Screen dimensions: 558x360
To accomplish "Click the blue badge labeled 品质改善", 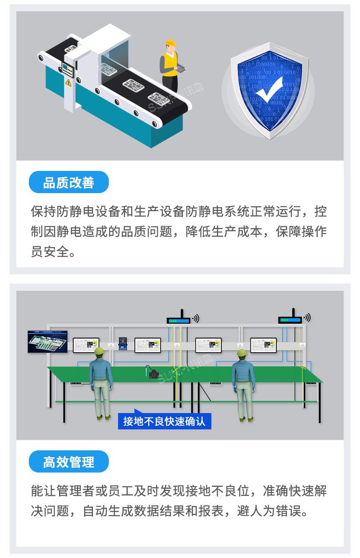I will pyautogui.click(x=69, y=182).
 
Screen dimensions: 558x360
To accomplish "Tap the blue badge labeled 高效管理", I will pyautogui.click(x=69, y=462).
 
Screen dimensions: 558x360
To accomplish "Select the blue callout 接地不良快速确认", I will pyautogui.click(x=165, y=421).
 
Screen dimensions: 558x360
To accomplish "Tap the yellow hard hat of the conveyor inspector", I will pyautogui.click(x=170, y=43).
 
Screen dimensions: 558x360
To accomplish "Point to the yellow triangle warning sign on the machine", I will pyautogui.click(x=68, y=83).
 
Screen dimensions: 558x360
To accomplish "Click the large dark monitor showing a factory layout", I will pyautogui.click(x=48, y=341).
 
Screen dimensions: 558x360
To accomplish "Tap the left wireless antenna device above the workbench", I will pyautogui.click(x=179, y=320).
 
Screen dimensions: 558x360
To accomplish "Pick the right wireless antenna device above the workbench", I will pyautogui.click(x=290, y=320).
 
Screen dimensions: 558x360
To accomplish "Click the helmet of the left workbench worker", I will pyautogui.click(x=99, y=351).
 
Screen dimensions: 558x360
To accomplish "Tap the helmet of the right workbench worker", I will pyautogui.click(x=242, y=353).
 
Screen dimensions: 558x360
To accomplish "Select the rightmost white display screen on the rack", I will pyautogui.click(x=263, y=345).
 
